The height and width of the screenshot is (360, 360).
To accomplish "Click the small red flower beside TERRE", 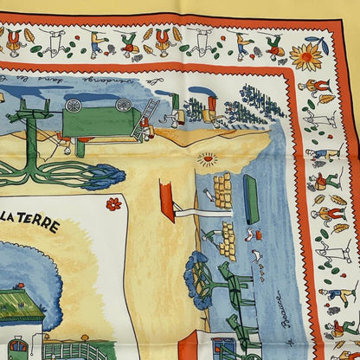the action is pos(113,204).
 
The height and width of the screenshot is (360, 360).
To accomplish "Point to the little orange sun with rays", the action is pos(208,159).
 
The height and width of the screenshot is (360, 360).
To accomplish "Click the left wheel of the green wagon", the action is pos(74,106).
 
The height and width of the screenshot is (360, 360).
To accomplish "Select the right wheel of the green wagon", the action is pos(125,105).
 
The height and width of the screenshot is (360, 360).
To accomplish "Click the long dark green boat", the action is pos(252,200).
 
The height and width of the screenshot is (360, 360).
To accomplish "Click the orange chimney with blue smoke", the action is pos(211,106).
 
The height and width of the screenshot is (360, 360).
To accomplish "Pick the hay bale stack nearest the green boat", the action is pos(223,190).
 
